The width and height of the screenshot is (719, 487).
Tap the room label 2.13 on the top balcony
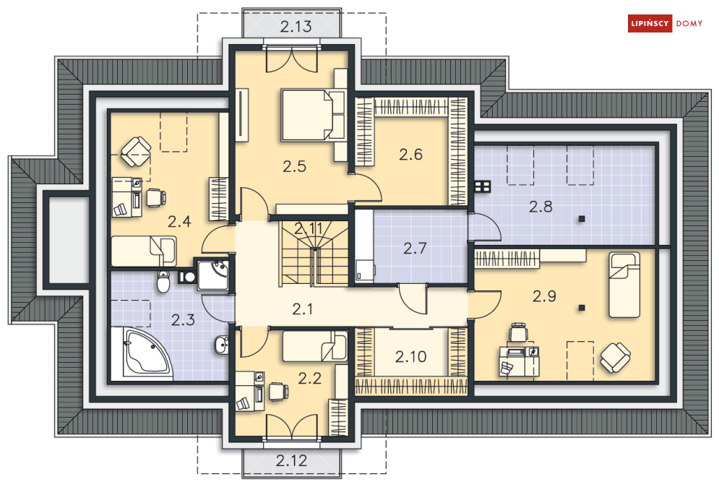296,27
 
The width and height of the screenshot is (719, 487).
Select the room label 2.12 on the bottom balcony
291,460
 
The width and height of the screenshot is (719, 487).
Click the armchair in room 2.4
136,152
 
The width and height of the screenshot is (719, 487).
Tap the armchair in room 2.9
615,358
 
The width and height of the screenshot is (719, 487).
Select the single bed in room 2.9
624,285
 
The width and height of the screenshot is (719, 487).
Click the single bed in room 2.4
144,251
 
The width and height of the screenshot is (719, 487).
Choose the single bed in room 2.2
315,346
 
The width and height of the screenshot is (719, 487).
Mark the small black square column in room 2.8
582,219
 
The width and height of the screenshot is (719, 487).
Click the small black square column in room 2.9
582,308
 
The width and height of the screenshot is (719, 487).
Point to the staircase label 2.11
309,228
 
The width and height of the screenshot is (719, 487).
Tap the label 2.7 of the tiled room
415,249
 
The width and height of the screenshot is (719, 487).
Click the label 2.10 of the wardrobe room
411,356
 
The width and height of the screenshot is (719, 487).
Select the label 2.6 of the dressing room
410,155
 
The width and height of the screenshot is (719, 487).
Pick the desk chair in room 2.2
278,391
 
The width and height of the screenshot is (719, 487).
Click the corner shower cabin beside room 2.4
212,275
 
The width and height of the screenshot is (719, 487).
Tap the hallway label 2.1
303,309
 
